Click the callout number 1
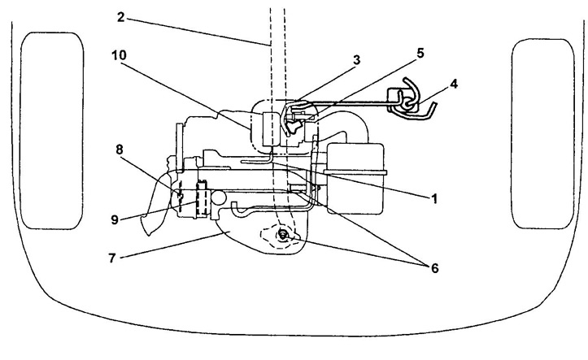pos(433,198)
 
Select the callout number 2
pos(120,17)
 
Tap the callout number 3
pos(356,59)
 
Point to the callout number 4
pos(454,84)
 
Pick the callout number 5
pos(420,53)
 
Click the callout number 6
pos(434,268)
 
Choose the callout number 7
pos(111,258)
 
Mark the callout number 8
pos(120,150)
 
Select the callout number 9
pos(115,219)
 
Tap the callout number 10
pos(119,55)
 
